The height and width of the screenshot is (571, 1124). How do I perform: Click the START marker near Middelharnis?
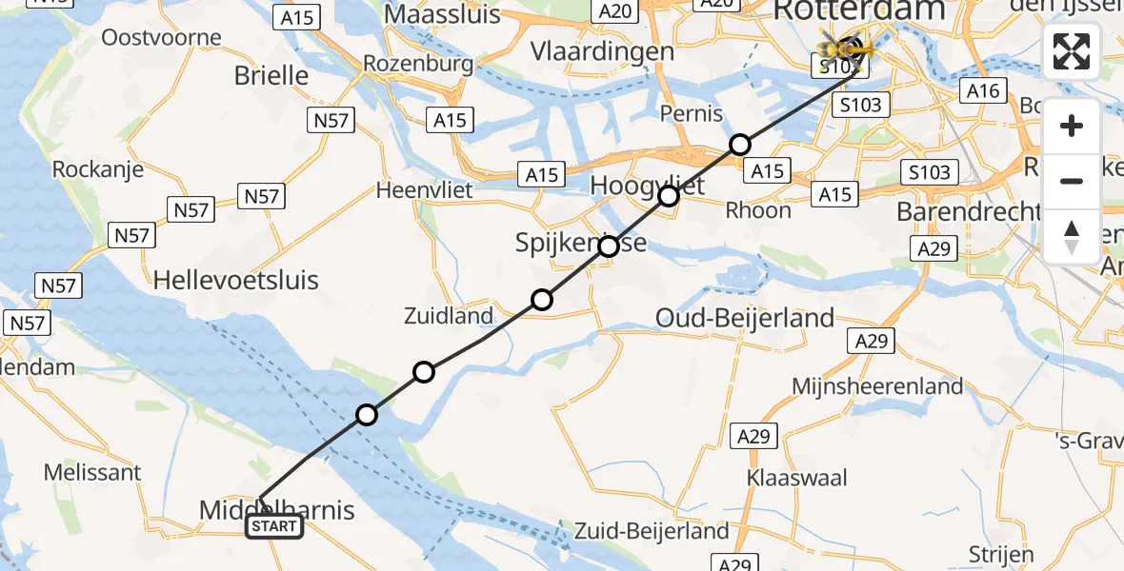tap(274, 526)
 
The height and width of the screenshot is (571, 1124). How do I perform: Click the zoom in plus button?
tap(1072, 127)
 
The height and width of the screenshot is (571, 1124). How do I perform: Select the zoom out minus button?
tap(1072, 181)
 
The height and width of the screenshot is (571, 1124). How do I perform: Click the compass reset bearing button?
tap(1072, 236)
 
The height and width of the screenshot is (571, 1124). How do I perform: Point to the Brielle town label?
tap(271, 75)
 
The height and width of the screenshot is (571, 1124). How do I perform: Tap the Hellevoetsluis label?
tap(236, 281)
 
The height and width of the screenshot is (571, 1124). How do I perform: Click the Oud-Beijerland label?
tap(745, 318)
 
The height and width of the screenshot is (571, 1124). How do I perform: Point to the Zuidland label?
tap(449, 316)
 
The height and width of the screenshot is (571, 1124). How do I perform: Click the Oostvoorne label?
tap(161, 38)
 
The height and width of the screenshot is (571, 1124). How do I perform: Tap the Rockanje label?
tap(98, 169)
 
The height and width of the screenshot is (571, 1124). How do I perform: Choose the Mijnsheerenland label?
tap(877, 386)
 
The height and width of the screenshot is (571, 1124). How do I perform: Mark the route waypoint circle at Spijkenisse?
tap(608, 246)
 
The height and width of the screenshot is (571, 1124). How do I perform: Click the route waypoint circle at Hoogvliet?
tap(669, 196)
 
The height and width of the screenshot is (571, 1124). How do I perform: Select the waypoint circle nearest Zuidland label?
tap(541, 300)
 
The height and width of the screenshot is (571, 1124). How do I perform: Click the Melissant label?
tap(92, 472)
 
